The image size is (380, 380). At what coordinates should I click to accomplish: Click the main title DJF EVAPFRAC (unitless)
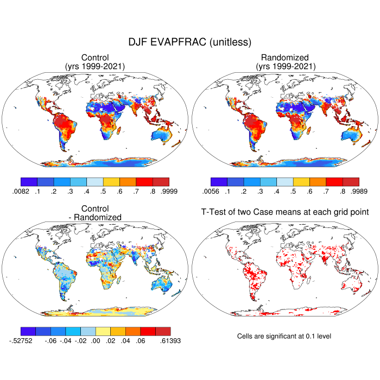[x=189, y=42]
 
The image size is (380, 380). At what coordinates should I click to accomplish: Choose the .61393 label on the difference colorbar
[x=170, y=341]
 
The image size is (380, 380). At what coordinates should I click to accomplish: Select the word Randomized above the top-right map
[x=285, y=58]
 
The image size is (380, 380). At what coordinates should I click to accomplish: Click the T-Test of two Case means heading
[x=285, y=212]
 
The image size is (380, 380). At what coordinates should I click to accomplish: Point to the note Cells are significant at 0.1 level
[x=284, y=336]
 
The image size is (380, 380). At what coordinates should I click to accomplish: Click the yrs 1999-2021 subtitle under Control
[x=95, y=66]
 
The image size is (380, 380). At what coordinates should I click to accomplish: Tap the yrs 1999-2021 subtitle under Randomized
[x=285, y=66]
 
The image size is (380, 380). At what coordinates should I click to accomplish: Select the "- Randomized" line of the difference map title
[x=95, y=217]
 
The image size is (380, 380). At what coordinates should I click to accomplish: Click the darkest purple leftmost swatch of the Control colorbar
[x=28, y=182]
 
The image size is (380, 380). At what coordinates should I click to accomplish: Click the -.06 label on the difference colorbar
[x=53, y=341]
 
